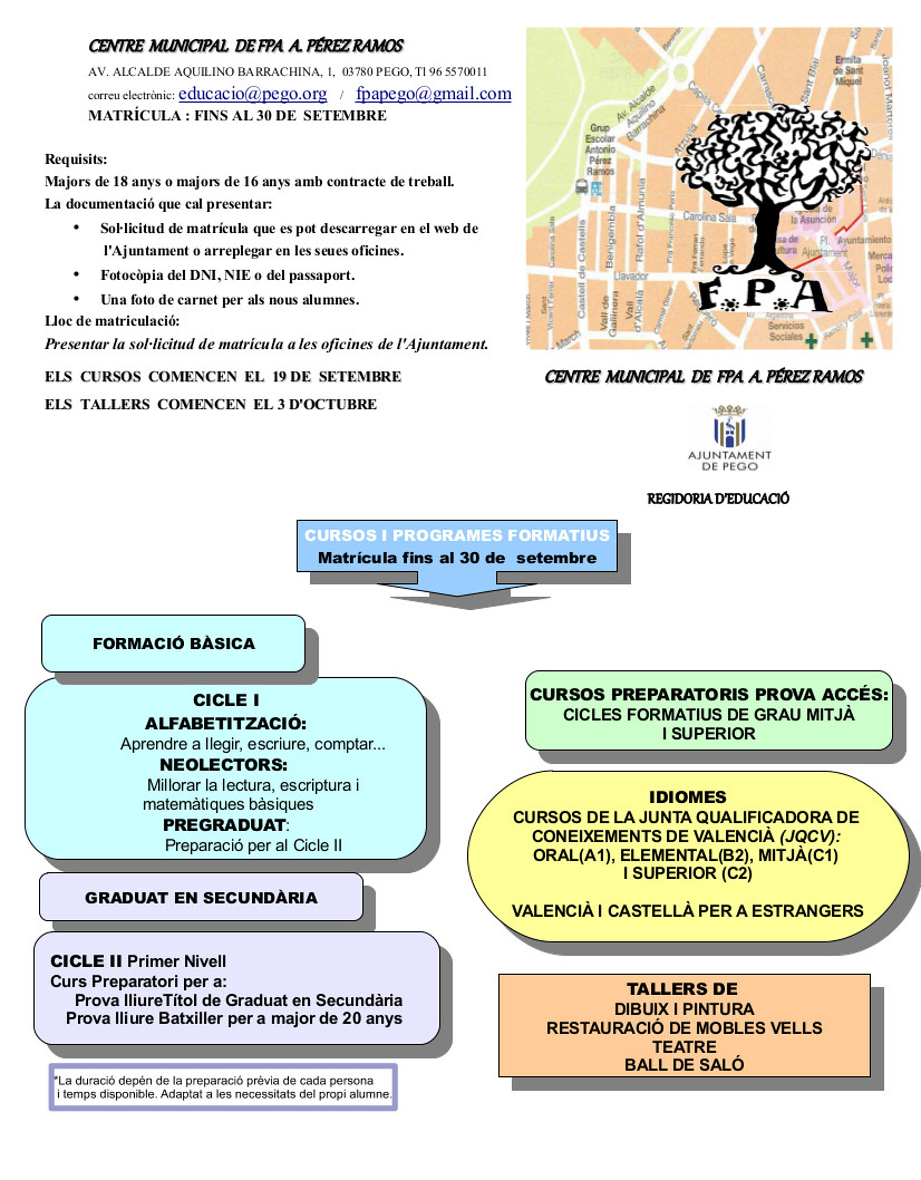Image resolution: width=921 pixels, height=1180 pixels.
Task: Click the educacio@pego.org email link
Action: (252, 94)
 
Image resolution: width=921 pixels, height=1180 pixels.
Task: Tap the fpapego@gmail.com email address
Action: (433, 94)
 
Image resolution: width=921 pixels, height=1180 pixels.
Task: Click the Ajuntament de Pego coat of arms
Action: (729, 427)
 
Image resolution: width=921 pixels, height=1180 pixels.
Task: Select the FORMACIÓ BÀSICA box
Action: (173, 644)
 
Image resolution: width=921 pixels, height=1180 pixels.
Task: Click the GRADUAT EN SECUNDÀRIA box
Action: (201, 897)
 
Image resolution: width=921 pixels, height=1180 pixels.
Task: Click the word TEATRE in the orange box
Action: (684, 1047)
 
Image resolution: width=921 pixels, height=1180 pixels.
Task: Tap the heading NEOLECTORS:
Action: (223, 764)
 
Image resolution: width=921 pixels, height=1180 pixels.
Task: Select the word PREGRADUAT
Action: (224, 825)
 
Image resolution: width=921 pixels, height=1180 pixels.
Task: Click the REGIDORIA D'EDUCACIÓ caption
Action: (718, 499)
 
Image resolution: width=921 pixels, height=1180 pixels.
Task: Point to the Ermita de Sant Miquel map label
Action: (849, 70)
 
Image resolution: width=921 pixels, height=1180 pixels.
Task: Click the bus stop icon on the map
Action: (581, 186)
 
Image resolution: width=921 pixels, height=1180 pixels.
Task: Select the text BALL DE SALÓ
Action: (684, 1065)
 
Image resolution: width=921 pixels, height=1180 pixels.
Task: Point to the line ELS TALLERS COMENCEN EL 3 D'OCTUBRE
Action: (211, 404)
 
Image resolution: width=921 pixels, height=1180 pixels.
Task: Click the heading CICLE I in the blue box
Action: (226, 700)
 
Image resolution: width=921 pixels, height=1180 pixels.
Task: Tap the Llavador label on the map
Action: (630, 276)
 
